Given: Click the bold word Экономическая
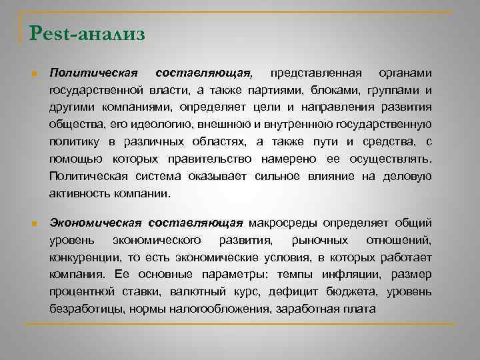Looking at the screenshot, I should [96, 222].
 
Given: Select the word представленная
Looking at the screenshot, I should [313, 72].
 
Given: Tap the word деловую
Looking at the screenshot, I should [407, 176].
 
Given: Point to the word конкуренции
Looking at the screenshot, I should [84, 257].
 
